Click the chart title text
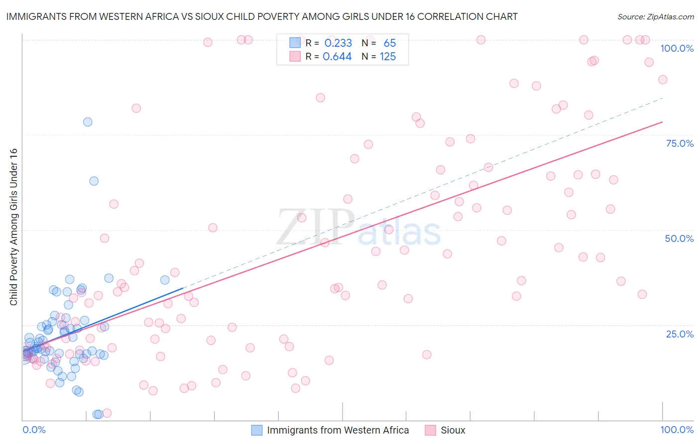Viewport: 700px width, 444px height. coord(262,16)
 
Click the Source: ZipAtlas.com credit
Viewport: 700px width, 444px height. coord(655,16)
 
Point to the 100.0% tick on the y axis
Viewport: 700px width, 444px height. coord(677,48)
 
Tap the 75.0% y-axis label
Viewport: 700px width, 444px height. coord(680,143)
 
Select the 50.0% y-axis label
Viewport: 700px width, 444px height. coord(679,238)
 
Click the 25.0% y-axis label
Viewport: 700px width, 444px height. coord(680,333)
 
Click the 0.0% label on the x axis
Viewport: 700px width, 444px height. coord(34,430)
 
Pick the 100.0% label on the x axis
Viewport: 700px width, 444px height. coord(677,430)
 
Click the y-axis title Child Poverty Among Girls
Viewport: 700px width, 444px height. coord(13,227)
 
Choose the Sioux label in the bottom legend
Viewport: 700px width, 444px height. coord(453,430)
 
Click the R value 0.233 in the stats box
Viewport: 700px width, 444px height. coord(338,43)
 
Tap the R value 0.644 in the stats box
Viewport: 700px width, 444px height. coord(337,57)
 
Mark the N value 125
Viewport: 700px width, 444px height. coord(388,57)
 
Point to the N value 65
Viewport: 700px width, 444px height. coord(390,43)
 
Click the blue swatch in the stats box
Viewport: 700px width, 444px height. coord(295,43)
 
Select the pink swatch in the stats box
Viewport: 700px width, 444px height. coord(295,56)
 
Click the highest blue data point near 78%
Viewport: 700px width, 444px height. coord(88,122)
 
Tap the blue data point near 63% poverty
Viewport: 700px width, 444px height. coord(94,181)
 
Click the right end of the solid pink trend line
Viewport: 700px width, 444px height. coord(662,122)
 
